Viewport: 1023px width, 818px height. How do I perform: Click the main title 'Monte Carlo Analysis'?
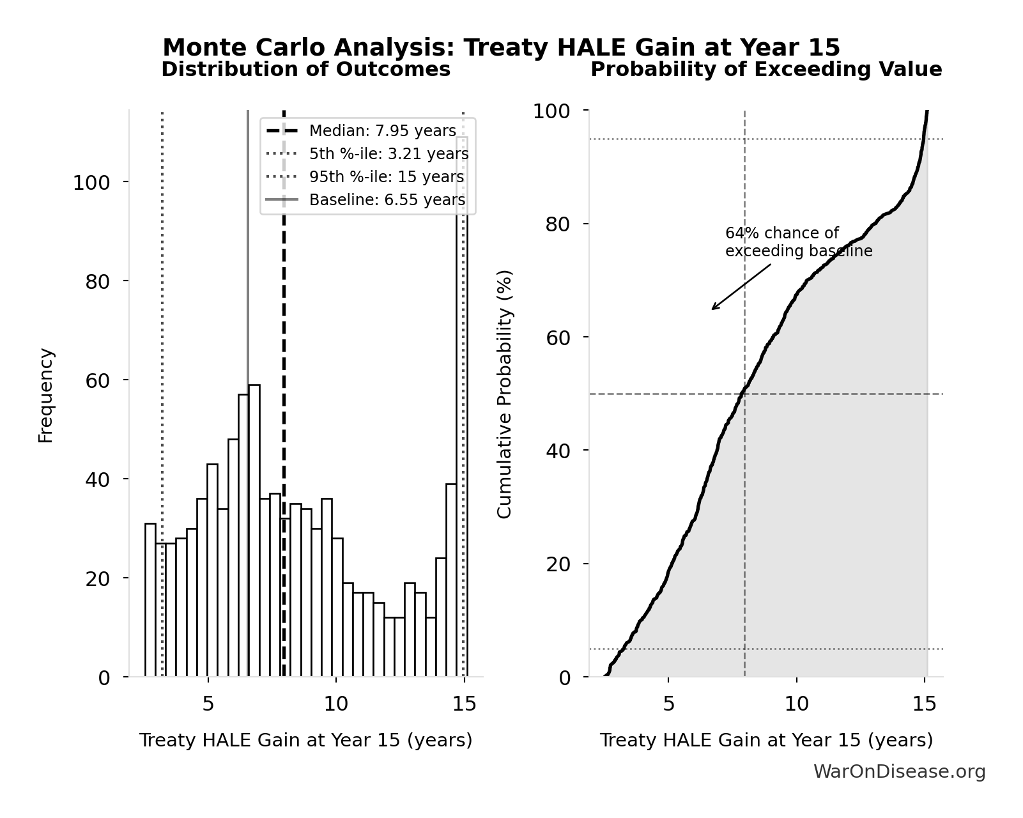(x=501, y=48)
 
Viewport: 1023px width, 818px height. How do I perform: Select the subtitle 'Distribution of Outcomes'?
(x=305, y=70)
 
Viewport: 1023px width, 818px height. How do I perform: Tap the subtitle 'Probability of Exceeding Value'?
(x=765, y=70)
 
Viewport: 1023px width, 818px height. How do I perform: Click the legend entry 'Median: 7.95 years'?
(x=382, y=131)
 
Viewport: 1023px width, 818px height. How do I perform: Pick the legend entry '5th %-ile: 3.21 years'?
(x=388, y=154)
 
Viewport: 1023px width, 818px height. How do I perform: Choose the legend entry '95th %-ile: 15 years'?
(x=386, y=177)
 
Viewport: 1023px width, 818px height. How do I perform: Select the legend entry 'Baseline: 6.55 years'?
(x=387, y=200)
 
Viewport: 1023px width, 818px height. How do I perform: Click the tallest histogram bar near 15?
(x=462, y=409)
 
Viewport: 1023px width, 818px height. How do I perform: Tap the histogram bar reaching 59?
(x=254, y=530)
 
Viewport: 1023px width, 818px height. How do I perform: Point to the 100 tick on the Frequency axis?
(x=91, y=183)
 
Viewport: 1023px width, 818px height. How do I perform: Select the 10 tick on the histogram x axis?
(x=336, y=704)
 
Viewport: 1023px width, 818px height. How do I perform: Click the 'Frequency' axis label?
(x=46, y=395)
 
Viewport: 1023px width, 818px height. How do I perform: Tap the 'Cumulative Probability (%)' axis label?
(x=505, y=394)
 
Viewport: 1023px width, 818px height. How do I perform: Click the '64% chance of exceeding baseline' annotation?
(x=798, y=242)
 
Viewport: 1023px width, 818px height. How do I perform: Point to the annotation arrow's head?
(x=713, y=309)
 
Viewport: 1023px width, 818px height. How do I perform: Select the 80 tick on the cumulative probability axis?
(x=558, y=224)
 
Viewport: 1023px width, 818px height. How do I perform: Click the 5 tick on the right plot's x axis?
(x=668, y=704)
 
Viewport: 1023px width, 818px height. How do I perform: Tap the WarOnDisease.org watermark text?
(x=899, y=772)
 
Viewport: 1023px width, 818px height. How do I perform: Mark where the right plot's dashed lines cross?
(x=744, y=394)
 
